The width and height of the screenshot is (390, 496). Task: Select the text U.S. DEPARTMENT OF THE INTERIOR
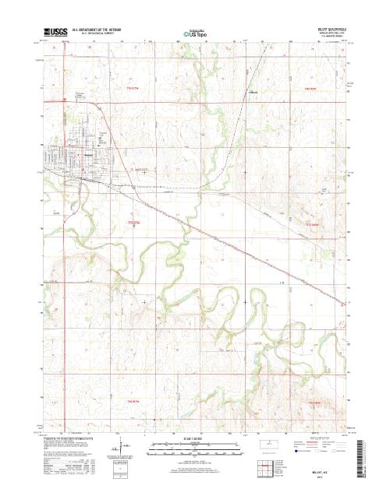97,30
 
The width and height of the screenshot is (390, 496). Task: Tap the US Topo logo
195,33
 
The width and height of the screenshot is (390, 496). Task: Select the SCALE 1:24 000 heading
195,439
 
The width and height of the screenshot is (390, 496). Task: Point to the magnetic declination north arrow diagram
119,449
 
